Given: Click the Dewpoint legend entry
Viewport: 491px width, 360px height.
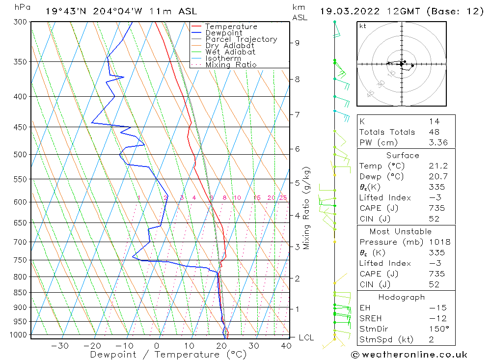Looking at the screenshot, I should pyautogui.click(x=223, y=33).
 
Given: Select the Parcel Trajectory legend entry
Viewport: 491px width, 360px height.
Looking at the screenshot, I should pyautogui.click(x=241, y=39).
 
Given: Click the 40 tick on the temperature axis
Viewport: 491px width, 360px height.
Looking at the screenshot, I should pyautogui.click(x=286, y=346).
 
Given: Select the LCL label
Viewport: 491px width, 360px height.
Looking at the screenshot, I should pyautogui.click(x=306, y=337).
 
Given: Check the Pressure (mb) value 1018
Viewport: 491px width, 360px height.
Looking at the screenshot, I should pyautogui.click(x=439, y=242).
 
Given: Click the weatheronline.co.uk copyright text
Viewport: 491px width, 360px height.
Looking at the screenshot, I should pyautogui.click(x=409, y=355).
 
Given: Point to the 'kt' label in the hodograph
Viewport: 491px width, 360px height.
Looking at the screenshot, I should pyautogui.click(x=363, y=26).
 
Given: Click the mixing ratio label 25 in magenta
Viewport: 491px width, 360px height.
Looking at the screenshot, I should pyautogui.click(x=283, y=198).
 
